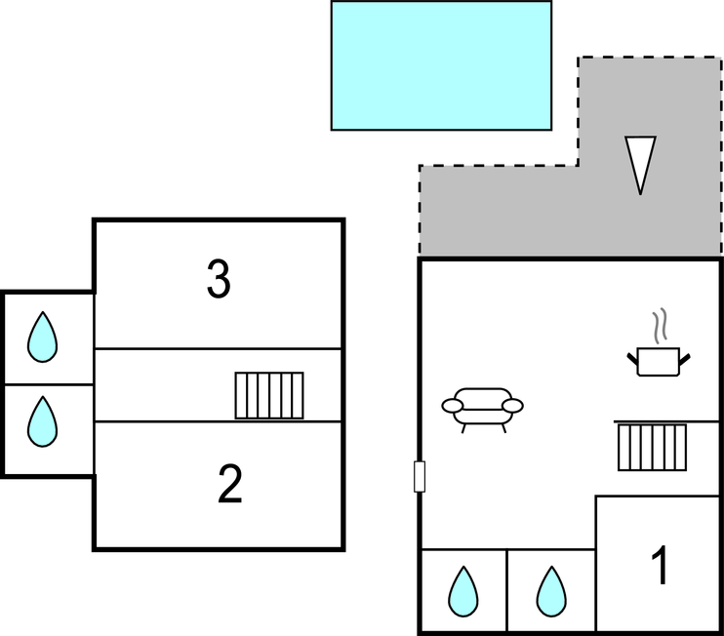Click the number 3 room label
tap(219, 280)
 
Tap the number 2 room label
tap(229, 485)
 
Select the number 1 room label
tap(661, 567)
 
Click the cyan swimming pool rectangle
tap(441, 65)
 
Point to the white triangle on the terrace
tap(640, 162)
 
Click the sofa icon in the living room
tap(482, 408)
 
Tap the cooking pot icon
tap(659, 362)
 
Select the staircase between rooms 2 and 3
tap(268, 395)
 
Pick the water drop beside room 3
tap(42, 338)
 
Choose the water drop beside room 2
tap(42, 421)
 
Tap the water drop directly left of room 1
tap(551, 591)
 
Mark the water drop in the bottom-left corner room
tap(463, 591)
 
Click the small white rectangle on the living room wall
tap(420, 476)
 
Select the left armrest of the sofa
tap(453, 405)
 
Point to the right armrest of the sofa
tap(513, 405)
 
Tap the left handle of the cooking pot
tap(632, 357)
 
